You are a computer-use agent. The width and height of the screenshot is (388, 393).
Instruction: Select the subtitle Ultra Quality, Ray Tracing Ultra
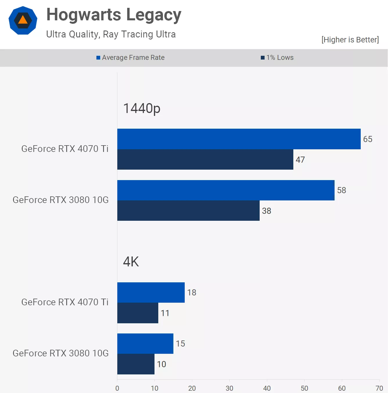[x=111, y=34]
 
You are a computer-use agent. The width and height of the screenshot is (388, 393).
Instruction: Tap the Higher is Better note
[x=350, y=40]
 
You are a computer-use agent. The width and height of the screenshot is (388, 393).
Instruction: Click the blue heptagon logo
[x=23, y=20]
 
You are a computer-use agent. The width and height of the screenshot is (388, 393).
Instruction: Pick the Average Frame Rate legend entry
[x=130, y=58]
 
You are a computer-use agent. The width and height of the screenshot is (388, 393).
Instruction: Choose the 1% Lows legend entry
[x=277, y=58]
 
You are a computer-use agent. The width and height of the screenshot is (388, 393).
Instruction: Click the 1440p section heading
[x=142, y=108]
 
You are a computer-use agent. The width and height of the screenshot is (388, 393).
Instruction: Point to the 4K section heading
[x=131, y=262]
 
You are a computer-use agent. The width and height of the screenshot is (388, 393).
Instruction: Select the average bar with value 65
[x=239, y=139]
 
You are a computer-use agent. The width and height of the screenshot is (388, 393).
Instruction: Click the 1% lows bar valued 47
[x=205, y=159]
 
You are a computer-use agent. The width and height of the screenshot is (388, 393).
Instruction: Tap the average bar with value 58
[x=226, y=190]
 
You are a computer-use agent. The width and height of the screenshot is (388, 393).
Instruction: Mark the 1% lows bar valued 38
[x=188, y=211]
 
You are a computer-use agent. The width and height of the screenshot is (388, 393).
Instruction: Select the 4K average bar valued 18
[x=151, y=292]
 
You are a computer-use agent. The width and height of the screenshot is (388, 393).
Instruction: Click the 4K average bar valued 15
[x=145, y=344]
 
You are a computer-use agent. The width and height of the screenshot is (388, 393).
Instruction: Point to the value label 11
[x=165, y=313]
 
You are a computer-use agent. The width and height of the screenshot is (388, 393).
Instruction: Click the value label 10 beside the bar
[x=161, y=364]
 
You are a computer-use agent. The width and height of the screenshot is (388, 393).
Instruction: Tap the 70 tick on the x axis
[x=379, y=388]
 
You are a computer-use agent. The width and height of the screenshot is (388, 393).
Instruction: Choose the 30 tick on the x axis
[x=229, y=388]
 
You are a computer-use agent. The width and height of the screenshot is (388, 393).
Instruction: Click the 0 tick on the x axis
[x=117, y=388]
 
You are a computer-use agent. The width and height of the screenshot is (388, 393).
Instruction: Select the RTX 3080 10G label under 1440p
[x=61, y=200]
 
